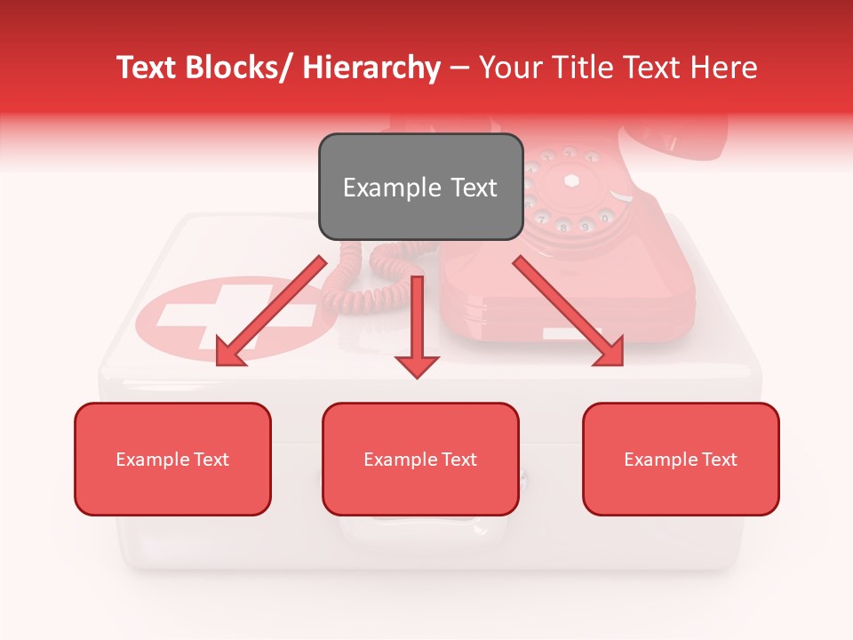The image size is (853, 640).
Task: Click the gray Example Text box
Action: pyautogui.click(x=420, y=187)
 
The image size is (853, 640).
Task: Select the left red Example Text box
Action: pyautogui.click(x=172, y=459)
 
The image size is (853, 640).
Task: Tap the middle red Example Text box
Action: pyautogui.click(x=420, y=459)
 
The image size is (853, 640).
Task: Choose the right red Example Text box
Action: pyautogui.click(x=681, y=459)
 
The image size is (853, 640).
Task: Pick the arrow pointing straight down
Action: pyautogui.click(x=417, y=329)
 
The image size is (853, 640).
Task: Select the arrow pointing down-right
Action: pyautogui.click(x=569, y=311)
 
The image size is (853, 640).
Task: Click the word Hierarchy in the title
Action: pyautogui.click(x=371, y=68)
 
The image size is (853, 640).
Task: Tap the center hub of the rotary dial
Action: pyautogui.click(x=571, y=180)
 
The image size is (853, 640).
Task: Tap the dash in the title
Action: pyautogui.click(x=459, y=68)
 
